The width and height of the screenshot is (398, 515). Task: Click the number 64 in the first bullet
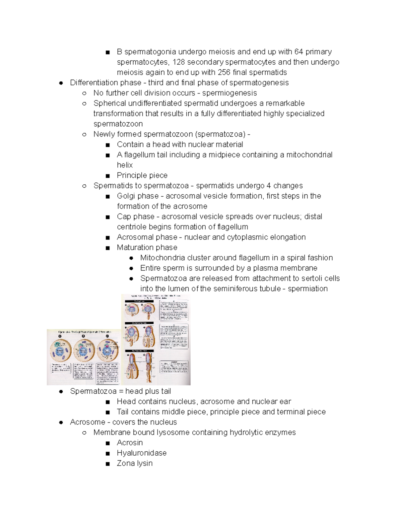[x=298, y=52]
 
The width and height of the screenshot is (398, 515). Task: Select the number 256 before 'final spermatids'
[x=224, y=72]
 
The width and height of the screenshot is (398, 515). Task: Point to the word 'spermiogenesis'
[x=230, y=93]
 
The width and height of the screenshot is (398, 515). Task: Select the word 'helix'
[x=125, y=165]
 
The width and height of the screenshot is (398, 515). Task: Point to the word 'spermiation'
[x=307, y=289]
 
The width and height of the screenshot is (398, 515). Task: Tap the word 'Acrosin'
[x=130, y=443]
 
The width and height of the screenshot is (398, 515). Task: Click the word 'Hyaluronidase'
[x=142, y=453]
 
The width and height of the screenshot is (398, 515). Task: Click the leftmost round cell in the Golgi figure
[x=60, y=351]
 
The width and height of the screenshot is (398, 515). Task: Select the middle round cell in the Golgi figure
[x=84, y=351]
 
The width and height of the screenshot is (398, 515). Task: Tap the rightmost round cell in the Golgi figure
[x=108, y=351]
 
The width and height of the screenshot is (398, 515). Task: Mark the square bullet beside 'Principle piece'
[x=107, y=175]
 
